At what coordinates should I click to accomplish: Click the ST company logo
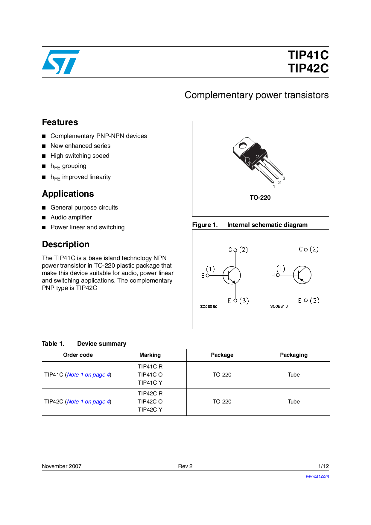[x=61, y=62]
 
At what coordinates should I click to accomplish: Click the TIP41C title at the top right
[x=308, y=55]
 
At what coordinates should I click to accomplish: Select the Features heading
[x=60, y=122]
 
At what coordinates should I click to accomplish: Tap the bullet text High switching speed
[x=80, y=156]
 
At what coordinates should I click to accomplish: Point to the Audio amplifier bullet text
[x=71, y=217]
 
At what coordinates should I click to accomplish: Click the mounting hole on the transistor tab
[x=242, y=146]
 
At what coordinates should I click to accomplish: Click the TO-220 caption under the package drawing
[x=260, y=198]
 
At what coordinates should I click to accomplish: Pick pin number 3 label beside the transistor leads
[x=284, y=178]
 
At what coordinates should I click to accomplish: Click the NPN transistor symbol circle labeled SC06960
[x=232, y=275]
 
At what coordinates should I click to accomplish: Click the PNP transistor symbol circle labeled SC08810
[x=302, y=275]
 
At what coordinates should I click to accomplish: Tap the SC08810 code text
[x=279, y=306]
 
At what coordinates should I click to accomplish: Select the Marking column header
[x=150, y=355]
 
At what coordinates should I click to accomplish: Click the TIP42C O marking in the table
[x=150, y=401]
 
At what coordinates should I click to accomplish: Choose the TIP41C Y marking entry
[x=150, y=383]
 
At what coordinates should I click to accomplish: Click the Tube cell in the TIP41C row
[x=294, y=375]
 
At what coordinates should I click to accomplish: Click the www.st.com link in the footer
[x=317, y=476]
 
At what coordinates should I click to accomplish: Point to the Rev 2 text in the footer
[x=185, y=466]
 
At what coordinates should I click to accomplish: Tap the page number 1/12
[x=323, y=466]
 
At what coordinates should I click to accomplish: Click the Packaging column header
[x=294, y=355]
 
